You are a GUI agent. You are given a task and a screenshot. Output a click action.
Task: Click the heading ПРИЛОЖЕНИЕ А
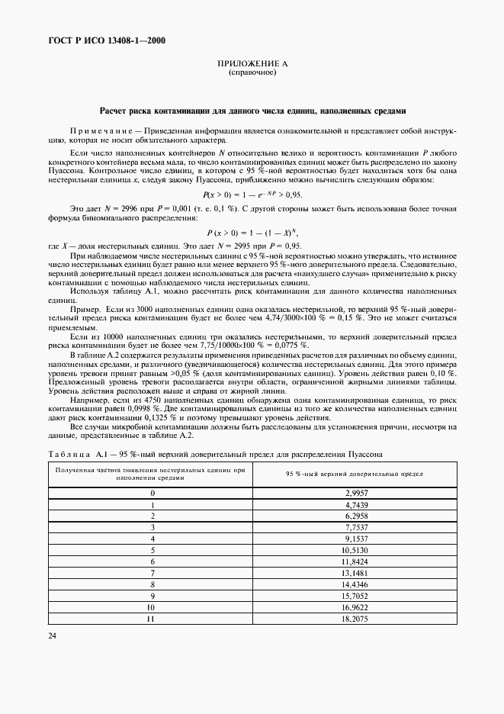click(x=252, y=64)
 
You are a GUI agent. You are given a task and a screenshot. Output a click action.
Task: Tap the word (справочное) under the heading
click(x=252, y=73)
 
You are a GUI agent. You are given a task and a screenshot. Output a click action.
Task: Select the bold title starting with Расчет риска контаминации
click(x=252, y=110)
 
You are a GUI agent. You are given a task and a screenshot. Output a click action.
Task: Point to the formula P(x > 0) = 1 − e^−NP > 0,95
click(x=251, y=195)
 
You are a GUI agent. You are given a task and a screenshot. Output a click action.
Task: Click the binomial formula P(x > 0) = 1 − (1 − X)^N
click(x=251, y=232)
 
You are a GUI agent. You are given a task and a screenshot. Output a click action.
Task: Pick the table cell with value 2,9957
click(x=357, y=493)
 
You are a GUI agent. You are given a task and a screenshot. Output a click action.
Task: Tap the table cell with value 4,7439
click(x=357, y=504)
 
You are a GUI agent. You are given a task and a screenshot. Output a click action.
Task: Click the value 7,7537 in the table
click(x=357, y=526)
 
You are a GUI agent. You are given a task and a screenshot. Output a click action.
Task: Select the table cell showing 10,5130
click(x=357, y=548)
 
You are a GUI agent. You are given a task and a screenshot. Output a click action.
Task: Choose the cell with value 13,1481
click(x=357, y=571)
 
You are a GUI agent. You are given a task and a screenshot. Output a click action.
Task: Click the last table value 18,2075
click(x=357, y=619)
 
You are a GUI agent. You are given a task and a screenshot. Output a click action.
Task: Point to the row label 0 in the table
click(x=153, y=493)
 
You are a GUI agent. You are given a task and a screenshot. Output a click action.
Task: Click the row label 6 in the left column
click(x=153, y=560)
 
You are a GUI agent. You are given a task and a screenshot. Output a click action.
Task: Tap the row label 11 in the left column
click(x=153, y=619)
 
